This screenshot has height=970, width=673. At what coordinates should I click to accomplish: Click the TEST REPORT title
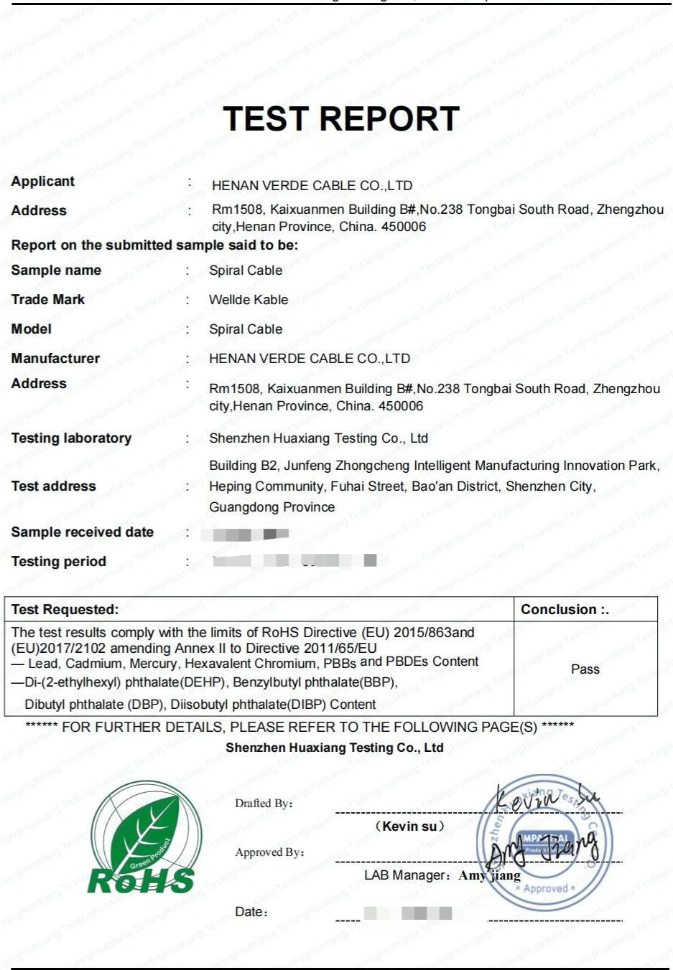coord(341,118)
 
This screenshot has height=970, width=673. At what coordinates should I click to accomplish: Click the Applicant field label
coord(43,181)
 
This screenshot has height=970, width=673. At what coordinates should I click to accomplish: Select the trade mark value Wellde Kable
coord(249,300)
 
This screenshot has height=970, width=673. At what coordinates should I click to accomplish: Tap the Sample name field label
coord(56,270)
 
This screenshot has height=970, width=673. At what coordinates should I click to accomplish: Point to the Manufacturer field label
coord(55,358)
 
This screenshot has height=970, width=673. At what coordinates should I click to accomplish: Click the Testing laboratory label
coord(71,438)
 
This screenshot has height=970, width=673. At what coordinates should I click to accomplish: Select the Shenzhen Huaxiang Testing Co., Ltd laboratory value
coord(318,438)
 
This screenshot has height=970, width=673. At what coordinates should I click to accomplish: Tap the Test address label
coord(53,486)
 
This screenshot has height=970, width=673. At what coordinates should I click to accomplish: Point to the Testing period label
coord(58,562)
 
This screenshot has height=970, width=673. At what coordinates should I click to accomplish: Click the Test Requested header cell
coord(65,610)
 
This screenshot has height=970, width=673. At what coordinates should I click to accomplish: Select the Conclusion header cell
coord(565,610)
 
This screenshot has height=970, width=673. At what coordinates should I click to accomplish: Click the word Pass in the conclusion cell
coord(585,669)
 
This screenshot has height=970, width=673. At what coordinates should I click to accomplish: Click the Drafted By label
coord(264,804)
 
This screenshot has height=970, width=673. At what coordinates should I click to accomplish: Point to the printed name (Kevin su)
coord(410,827)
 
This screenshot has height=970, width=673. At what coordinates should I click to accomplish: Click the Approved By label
coord(269,852)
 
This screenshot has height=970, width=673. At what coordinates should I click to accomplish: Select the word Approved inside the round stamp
coord(545,888)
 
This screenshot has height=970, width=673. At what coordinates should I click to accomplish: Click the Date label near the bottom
coord(251,912)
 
